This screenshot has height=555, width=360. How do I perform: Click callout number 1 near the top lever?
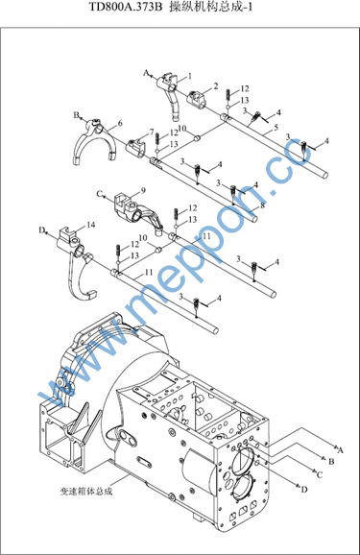pos(190,76)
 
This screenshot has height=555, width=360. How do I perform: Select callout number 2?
pos(216,86)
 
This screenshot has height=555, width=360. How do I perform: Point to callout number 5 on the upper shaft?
pos(276,127)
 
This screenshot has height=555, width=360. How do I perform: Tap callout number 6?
pos(120,123)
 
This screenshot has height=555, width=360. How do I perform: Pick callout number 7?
pos(152,132)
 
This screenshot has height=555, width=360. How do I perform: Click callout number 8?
pos(262,205)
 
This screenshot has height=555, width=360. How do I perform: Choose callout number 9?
pos(143,190)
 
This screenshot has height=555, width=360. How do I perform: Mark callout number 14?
pos(91,225)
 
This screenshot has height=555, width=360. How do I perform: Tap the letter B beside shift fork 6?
pos(77,114)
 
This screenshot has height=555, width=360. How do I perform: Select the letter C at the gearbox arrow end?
pos(320,474)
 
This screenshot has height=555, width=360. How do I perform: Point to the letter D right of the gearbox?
pos(304,490)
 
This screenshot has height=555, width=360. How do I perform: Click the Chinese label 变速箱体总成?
pos(86,492)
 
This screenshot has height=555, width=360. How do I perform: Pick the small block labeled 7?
pos(136,148)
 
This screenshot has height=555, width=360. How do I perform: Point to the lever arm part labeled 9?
pos(137,213)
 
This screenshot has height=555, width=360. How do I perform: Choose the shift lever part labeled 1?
pos(172,96)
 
